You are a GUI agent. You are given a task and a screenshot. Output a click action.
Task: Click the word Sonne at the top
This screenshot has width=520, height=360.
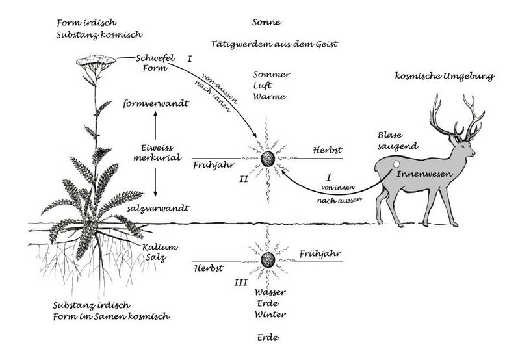click(266, 22)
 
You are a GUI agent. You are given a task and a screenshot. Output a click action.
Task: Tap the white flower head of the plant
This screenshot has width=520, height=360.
click(96, 60)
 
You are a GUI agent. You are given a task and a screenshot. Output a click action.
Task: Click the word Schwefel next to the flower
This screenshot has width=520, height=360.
click(155, 58)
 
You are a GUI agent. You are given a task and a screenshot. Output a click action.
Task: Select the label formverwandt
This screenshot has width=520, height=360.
click(156, 103)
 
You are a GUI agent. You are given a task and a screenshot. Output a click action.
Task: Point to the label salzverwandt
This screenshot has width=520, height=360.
click(158, 208)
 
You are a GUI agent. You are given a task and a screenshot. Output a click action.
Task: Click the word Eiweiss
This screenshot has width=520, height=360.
click(157, 148)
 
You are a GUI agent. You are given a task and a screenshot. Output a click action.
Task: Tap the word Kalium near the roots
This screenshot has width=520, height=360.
click(160, 247)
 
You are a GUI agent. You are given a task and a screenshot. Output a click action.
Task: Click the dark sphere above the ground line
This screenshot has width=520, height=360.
click(268, 159)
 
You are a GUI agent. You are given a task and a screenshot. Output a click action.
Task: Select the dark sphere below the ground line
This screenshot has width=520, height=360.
click(268, 260)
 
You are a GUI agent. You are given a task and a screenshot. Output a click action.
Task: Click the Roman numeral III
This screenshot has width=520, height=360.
click(240, 283)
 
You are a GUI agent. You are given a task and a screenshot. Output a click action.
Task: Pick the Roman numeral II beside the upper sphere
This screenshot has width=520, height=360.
click(244, 179)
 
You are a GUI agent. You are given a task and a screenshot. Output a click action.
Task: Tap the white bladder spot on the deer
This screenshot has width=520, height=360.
click(395, 164)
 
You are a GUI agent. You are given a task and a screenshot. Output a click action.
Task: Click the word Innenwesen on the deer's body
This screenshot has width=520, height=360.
click(425, 174)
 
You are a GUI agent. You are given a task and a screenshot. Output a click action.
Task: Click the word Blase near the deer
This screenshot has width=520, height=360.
click(390, 135)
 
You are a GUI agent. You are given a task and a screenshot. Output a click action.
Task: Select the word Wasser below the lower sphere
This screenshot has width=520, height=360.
click(270, 292)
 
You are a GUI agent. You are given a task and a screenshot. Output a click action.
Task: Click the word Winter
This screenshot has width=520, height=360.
click(270, 315)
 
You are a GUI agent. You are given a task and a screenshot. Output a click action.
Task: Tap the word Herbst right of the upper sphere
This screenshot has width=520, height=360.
click(328, 150)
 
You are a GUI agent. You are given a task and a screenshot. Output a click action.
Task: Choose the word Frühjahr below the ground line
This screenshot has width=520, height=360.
click(320, 254)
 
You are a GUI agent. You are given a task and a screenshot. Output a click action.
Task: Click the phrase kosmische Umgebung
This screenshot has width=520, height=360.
click(445, 76)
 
